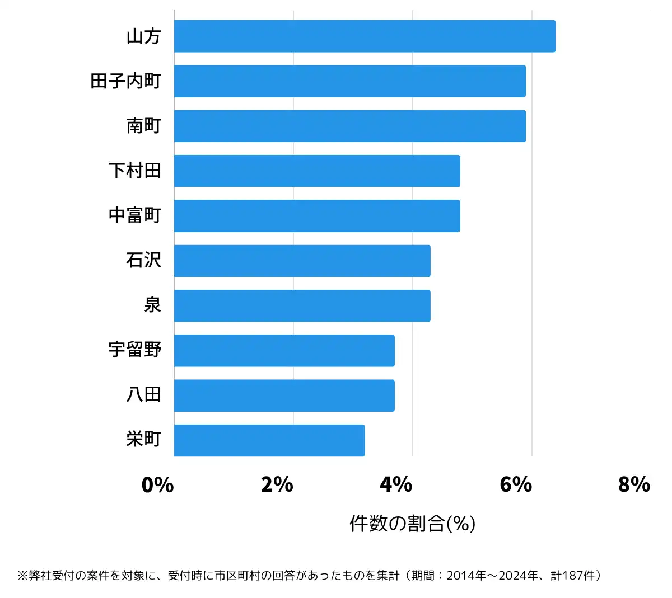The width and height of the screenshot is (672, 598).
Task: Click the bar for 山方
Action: point(365,36)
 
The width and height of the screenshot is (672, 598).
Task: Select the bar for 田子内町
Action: point(349,81)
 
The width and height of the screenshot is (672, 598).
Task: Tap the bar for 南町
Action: point(349,126)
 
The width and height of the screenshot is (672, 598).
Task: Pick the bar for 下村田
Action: point(317,171)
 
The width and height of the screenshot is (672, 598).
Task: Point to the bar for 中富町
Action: point(317,216)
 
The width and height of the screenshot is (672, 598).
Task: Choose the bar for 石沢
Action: point(302,261)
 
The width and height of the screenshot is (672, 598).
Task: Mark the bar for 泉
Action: point(302,305)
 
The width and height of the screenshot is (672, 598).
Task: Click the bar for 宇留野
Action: point(284,351)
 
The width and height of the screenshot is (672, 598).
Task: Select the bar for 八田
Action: point(284,395)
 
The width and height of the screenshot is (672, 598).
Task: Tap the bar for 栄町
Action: point(269,440)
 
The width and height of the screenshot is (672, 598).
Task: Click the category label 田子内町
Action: point(126,81)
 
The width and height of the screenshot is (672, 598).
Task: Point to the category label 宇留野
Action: point(135,350)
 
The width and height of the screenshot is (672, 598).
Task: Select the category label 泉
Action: point(152,305)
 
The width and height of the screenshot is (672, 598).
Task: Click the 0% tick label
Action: point(157,484)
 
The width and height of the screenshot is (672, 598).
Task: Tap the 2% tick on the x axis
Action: point(277,484)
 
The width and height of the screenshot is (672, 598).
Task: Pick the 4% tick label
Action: point(396,484)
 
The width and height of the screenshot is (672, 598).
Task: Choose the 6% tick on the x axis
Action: point(515,484)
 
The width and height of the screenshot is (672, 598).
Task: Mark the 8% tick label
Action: point(634,484)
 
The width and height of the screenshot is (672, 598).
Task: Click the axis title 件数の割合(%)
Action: point(412,524)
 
